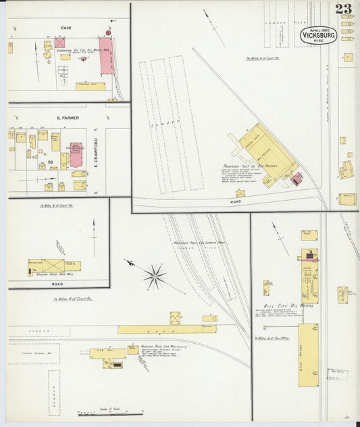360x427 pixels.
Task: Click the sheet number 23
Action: click(342, 9)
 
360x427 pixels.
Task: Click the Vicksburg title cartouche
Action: click(319, 36)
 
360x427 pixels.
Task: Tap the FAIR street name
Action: click(66, 28)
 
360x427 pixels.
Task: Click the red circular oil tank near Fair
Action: click(107, 32)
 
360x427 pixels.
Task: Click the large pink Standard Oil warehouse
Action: click(107, 56)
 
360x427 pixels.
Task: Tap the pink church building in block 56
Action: click(76, 154)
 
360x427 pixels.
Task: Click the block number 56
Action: click(50, 162)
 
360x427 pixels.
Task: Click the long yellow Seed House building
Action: click(308, 355)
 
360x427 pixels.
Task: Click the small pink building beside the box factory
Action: click(297, 178)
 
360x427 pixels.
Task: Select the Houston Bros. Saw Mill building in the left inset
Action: click(47, 267)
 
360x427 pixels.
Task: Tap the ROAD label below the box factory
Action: click(235, 201)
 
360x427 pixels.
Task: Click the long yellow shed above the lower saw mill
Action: click(168, 329)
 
